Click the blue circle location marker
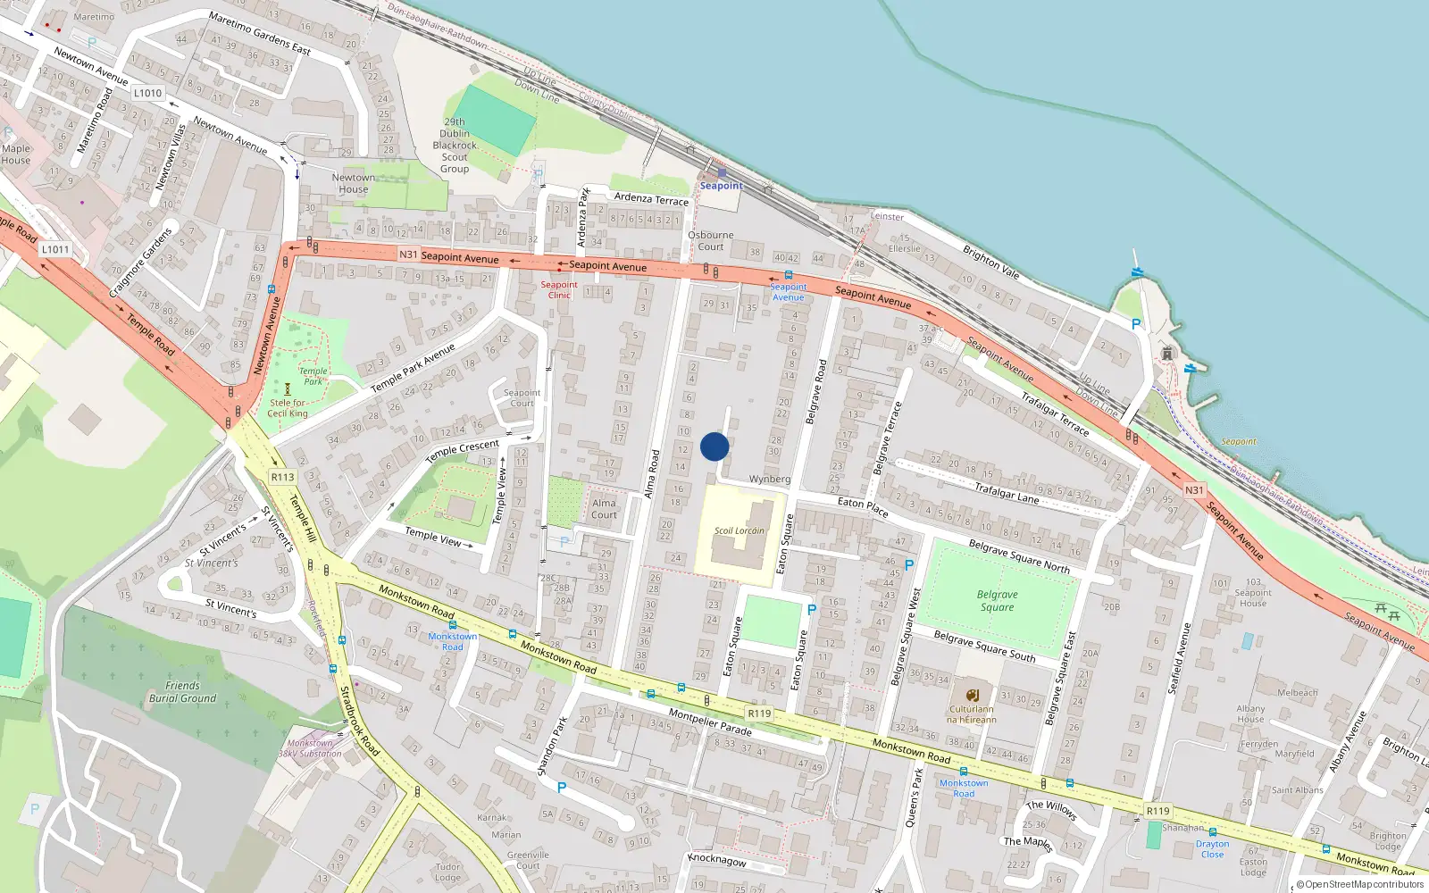714,446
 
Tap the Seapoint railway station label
721,186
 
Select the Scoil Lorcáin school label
739,530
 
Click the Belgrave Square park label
997,601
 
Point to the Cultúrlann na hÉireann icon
972,695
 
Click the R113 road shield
283,477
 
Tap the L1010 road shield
148,93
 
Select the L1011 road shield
55,249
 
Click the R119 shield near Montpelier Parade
759,713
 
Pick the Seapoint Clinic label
559,290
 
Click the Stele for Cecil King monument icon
288,389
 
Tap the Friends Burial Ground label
182,692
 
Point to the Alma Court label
604,508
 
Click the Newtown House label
354,183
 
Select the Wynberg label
770,480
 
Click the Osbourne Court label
711,241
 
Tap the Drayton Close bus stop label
1212,848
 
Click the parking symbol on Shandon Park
562,788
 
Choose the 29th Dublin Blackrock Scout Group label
455,146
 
